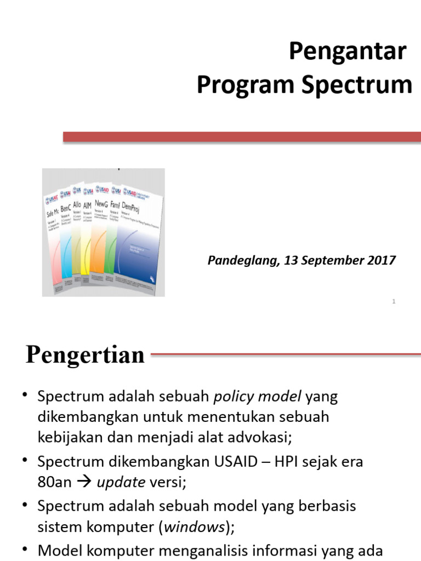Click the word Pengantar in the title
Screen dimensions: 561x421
coord(348,52)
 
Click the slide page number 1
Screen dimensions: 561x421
coord(394,302)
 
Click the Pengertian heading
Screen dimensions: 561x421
coord(85,355)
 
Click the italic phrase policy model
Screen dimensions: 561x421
coord(257,396)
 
